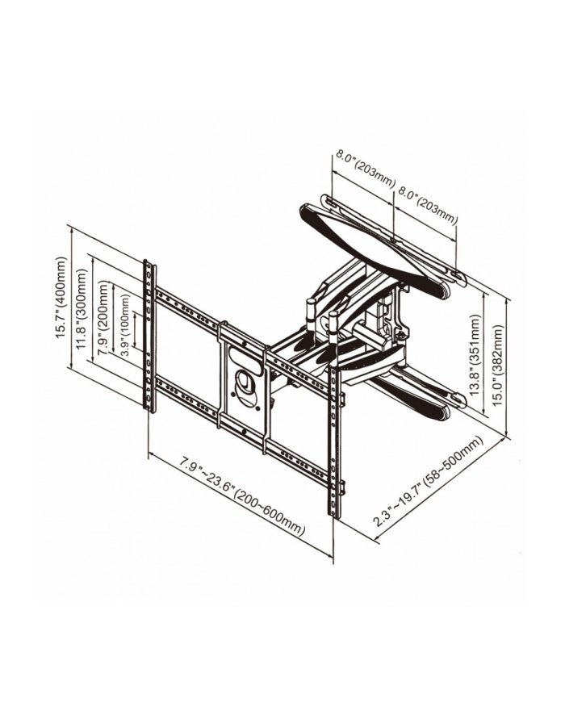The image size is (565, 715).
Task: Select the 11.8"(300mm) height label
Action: coord(83,310)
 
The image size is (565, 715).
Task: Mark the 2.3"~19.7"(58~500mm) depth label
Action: coord(427,482)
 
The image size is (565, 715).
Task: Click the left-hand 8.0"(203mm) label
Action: coord(362,172)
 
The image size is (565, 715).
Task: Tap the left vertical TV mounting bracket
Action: coord(149,335)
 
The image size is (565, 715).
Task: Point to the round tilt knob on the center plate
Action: coord(246,382)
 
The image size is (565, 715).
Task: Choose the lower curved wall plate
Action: coord(420,393)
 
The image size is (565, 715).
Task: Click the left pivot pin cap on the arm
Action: coord(311,306)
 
